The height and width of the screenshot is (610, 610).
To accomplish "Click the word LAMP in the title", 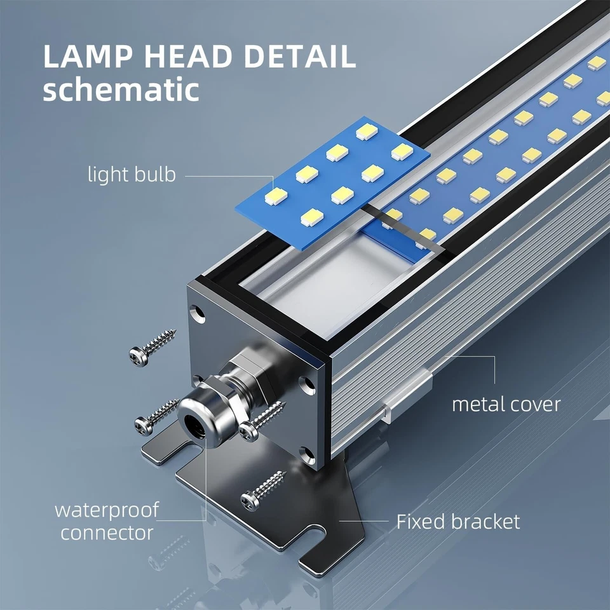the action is coord(88,57).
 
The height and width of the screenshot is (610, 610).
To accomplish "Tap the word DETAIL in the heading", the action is coord(299,57).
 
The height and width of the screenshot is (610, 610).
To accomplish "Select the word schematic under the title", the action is coord(121,89).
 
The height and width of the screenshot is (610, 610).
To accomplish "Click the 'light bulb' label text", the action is coord(132,174).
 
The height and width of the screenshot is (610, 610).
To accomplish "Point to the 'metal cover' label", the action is coord(506,405).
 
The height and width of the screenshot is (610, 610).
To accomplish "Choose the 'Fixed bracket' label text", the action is coord(458,522).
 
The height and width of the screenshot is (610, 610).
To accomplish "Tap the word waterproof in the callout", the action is coord(107,510).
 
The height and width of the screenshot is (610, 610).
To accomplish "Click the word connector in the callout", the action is coord(107,532).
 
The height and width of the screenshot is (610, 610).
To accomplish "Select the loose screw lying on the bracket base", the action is coord(263,491).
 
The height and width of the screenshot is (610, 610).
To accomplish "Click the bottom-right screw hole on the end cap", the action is coord(308,454).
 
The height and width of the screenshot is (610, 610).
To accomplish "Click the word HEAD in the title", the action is coord(188,57).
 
